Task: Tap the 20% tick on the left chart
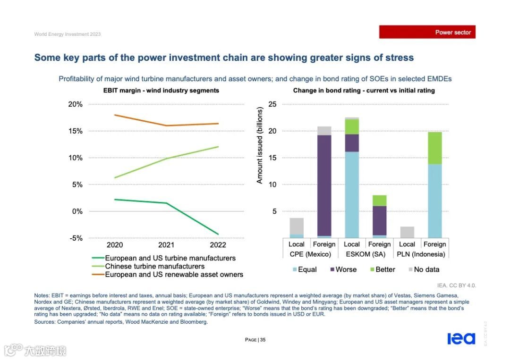click(76, 104)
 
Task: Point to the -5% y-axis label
click(76, 238)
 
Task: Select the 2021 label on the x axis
click(166, 245)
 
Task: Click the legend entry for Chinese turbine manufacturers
click(154, 266)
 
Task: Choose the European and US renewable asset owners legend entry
click(174, 274)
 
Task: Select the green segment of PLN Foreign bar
click(434, 148)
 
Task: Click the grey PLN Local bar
click(407, 232)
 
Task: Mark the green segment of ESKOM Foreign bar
click(379, 201)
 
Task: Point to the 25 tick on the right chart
click(272, 104)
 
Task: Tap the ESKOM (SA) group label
click(365, 254)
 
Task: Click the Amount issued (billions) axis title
click(259, 145)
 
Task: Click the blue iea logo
click(461, 338)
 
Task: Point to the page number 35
click(263, 340)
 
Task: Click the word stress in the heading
click(399, 58)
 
